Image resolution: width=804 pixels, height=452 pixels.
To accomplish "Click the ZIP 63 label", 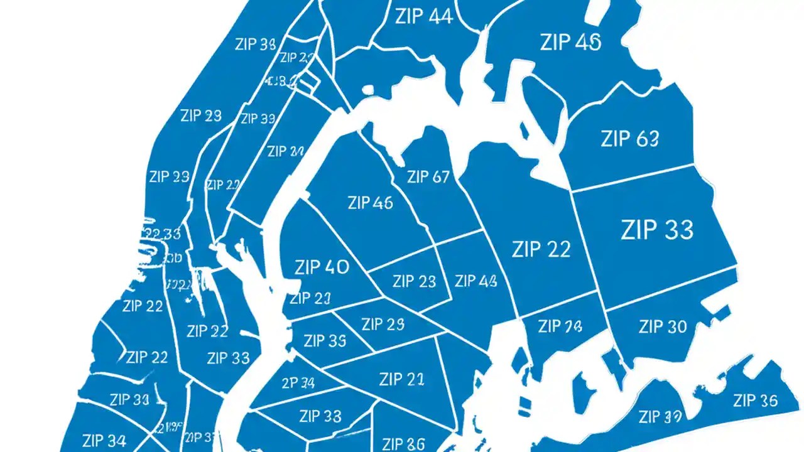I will coord(629,139).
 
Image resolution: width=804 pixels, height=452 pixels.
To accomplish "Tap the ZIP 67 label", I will coord(428,177).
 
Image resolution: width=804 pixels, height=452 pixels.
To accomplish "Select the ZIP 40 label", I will coord(321,267).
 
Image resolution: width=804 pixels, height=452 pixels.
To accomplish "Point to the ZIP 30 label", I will coord(663,326).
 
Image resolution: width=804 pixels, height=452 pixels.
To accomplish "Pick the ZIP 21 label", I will coord(401,379).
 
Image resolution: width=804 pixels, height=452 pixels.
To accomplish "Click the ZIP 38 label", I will coord(255,45).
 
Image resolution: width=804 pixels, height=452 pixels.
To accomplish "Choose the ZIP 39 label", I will coord(660,416).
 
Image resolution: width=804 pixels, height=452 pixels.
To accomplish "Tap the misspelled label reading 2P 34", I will coord(298,382).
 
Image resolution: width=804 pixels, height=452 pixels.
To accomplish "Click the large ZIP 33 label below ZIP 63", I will coord(656,230).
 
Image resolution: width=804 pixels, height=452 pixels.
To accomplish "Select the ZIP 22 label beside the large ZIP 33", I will coord(541,249).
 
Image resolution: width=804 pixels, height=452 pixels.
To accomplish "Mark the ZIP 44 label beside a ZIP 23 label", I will coord(475,281).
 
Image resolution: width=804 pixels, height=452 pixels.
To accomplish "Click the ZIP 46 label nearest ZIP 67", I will coord(369,203).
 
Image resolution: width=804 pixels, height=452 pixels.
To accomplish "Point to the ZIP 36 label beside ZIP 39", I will coord(756,401).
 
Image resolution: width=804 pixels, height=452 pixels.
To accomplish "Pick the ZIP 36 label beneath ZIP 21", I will coord(404,443).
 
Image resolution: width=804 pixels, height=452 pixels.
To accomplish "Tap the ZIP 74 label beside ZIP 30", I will coord(560,326).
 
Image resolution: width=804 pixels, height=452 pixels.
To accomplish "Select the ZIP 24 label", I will coord(285,151).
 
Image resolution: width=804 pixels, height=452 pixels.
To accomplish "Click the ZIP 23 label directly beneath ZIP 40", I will coord(310,298).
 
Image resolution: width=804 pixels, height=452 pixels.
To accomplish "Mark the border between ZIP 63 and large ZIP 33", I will coord(634,177).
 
